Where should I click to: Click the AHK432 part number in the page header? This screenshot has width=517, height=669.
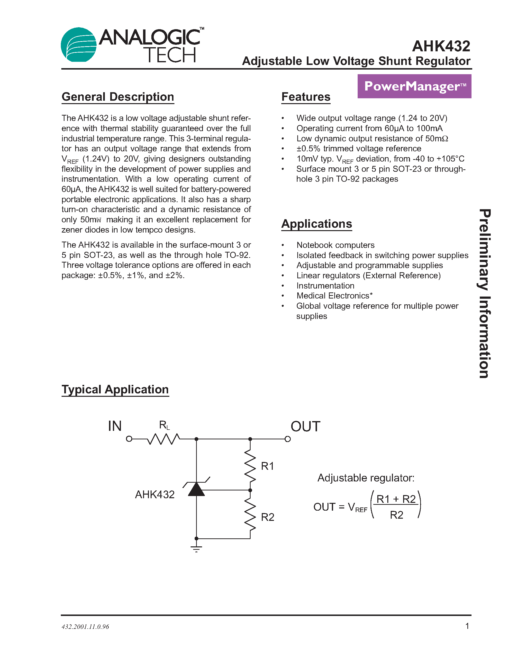tap(441, 46)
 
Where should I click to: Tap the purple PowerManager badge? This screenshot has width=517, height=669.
tap(414, 86)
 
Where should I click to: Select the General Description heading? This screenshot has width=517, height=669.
tap(118, 97)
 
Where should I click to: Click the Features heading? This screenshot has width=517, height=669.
tap(306, 97)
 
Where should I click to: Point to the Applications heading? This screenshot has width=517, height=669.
tap(317, 224)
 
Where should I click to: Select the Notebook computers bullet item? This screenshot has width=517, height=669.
tap(335, 245)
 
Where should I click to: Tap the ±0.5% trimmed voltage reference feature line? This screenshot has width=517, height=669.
tap(359, 149)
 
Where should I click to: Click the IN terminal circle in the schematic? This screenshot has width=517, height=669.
tap(129, 439)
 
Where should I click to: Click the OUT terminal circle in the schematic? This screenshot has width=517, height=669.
tap(288, 439)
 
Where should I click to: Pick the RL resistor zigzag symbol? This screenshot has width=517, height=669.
tap(163, 439)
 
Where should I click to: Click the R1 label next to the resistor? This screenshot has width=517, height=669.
tap(267, 466)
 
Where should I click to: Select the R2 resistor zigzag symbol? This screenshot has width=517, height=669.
tap(250, 515)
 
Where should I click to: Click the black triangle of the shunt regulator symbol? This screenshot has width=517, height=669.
tap(196, 489)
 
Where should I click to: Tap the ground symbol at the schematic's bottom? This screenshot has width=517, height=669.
tap(196, 549)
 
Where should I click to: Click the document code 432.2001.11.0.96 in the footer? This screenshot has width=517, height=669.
tap(85, 627)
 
